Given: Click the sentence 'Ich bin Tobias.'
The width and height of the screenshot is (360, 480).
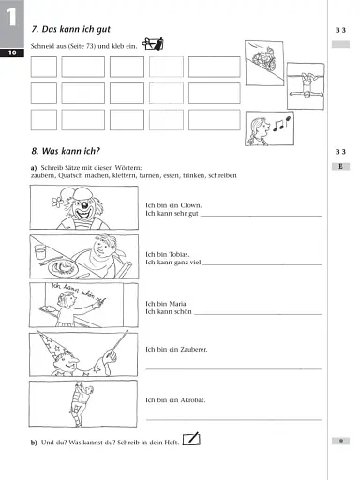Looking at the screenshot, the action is click(x=169, y=254).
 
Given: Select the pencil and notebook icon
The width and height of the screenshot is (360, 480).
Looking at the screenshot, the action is click(x=193, y=438).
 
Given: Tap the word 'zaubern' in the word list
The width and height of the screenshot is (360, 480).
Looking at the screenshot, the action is click(x=43, y=175).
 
